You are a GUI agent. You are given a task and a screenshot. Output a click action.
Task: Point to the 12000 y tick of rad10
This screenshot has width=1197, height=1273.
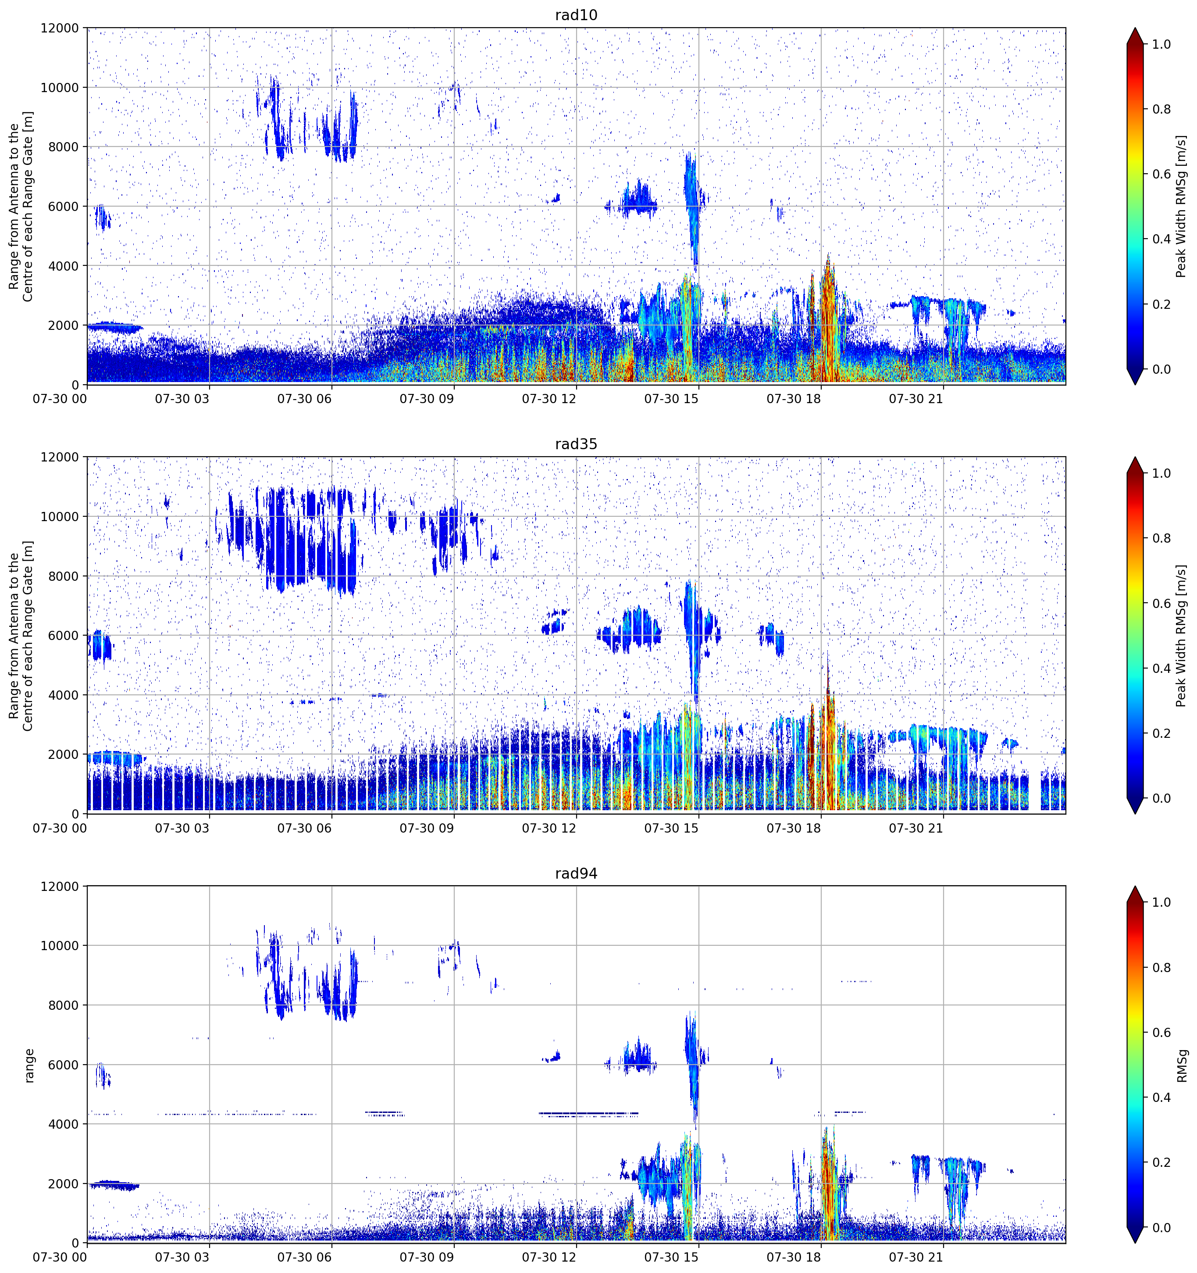(x=60, y=28)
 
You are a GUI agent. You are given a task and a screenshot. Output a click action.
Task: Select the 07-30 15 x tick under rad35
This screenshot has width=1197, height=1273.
(x=671, y=828)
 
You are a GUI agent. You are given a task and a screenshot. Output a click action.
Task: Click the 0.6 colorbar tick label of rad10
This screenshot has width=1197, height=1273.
(x=1161, y=174)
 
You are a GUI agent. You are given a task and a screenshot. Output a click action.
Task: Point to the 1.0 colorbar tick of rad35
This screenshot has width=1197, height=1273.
(x=1161, y=473)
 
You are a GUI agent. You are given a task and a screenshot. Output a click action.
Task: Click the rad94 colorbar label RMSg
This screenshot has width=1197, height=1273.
(x=1182, y=1066)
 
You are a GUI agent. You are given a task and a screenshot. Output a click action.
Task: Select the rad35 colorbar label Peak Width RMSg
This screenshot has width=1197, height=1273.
(x=1182, y=636)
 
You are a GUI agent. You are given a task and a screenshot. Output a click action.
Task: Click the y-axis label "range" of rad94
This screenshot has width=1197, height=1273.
(x=29, y=1066)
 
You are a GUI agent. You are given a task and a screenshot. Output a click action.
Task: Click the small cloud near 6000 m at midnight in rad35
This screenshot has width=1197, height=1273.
(x=100, y=645)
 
